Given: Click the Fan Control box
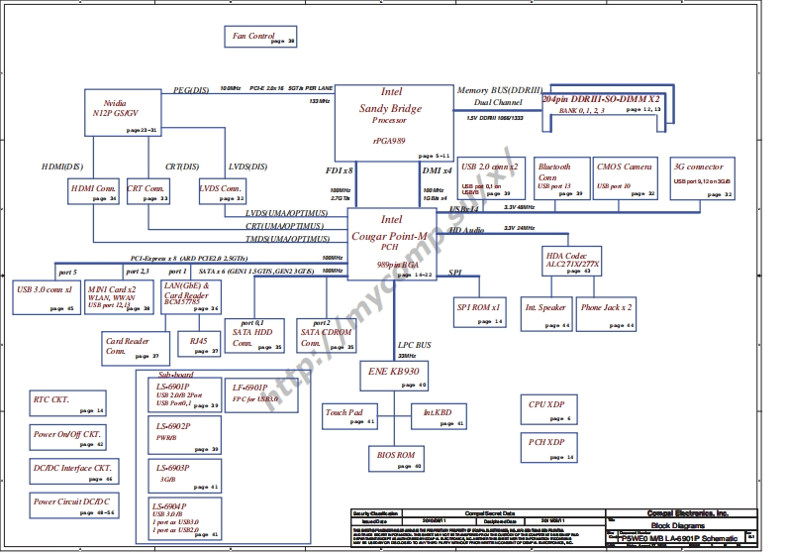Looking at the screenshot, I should point(262,39).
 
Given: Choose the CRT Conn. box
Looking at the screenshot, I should point(148,191).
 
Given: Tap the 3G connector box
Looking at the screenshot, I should point(702,179).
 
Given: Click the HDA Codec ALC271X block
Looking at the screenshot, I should point(573,262).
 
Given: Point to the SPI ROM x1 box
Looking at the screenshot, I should point(480,312).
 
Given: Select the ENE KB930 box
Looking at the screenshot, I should point(394,376).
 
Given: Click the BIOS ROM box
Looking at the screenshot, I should point(397,459).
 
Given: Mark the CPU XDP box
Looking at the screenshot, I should point(548,409).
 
